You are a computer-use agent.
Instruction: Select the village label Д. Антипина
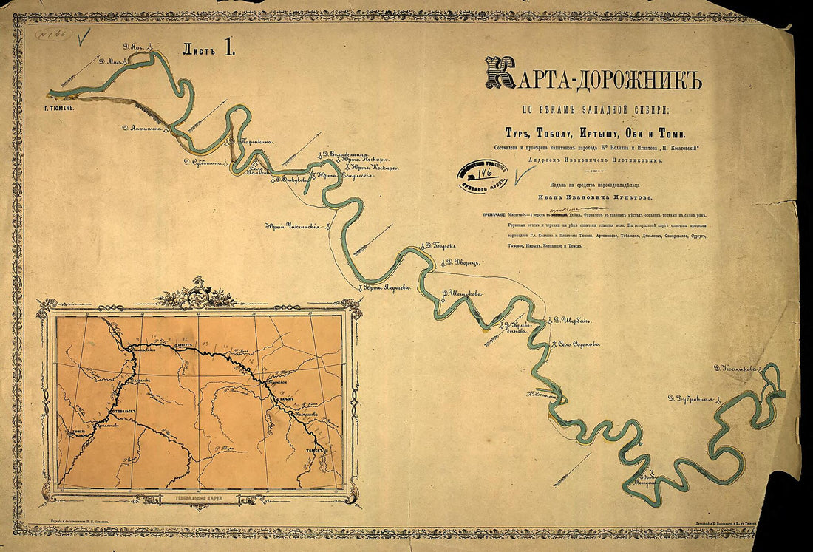145,129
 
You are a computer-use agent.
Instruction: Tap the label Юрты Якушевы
386,288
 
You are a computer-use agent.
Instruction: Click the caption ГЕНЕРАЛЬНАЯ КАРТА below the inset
199,500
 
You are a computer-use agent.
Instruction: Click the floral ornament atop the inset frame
197,295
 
